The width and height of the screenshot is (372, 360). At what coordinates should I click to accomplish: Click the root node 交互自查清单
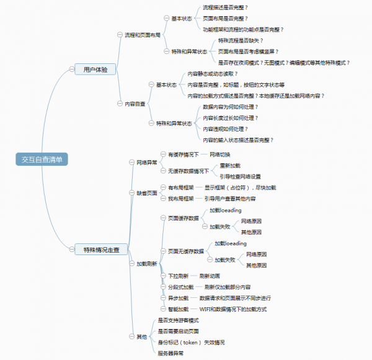(42, 159)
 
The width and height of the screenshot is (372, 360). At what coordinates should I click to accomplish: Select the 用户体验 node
(95, 70)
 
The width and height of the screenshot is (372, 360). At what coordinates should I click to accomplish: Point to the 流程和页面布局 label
(142, 35)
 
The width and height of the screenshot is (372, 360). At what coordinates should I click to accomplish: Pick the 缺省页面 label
(146, 193)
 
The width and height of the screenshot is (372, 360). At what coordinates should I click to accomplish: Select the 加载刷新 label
(146, 264)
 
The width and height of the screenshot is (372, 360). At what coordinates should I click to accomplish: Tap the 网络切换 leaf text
(219, 154)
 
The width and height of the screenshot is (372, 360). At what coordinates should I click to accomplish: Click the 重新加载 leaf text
(229, 166)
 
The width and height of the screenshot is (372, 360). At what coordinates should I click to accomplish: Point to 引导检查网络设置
(240, 176)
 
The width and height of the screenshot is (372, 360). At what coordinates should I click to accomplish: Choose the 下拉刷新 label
(178, 275)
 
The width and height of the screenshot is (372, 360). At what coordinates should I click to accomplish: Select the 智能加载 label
(178, 308)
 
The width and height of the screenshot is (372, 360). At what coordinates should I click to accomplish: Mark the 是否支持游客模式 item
(178, 320)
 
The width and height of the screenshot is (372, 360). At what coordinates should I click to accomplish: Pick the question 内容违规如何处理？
(225, 128)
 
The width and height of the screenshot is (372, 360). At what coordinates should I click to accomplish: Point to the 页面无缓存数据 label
(185, 251)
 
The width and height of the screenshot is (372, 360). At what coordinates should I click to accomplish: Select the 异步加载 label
(178, 298)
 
